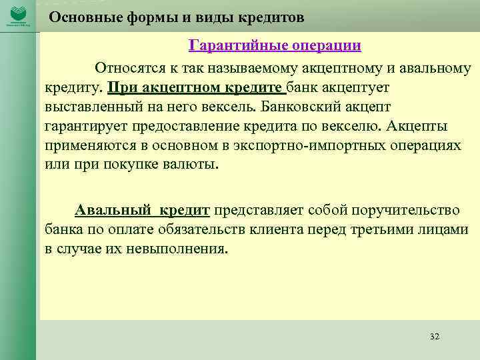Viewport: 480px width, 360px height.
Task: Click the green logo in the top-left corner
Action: click(18, 14)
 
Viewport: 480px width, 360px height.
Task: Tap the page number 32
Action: click(435, 336)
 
